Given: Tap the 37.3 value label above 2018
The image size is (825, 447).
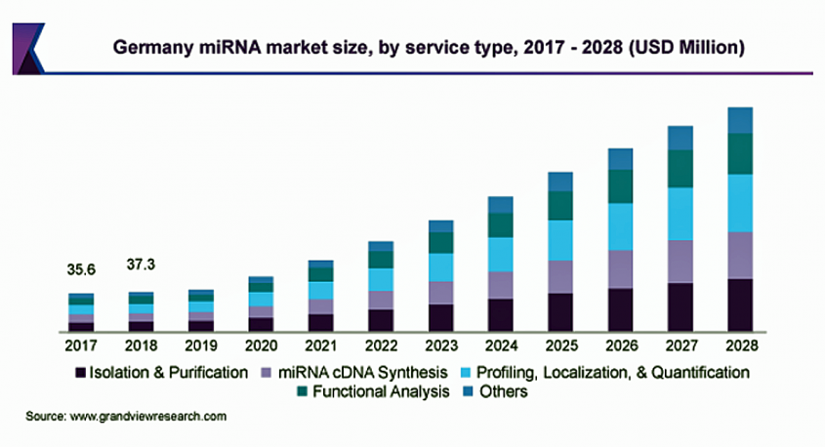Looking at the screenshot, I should pyautogui.click(x=143, y=264).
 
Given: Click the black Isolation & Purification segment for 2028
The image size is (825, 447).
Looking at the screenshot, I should pyautogui.click(x=741, y=305).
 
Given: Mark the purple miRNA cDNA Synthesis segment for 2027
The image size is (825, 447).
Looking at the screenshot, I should pyautogui.click(x=681, y=261).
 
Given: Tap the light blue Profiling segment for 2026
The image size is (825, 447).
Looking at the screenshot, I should pyautogui.click(x=621, y=226).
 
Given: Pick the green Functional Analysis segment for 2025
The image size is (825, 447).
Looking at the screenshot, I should pyautogui.click(x=560, y=206).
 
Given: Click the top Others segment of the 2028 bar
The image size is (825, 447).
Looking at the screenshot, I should pyautogui.click(x=741, y=120).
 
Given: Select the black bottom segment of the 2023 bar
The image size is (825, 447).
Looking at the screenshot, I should pyautogui.click(x=440, y=318).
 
